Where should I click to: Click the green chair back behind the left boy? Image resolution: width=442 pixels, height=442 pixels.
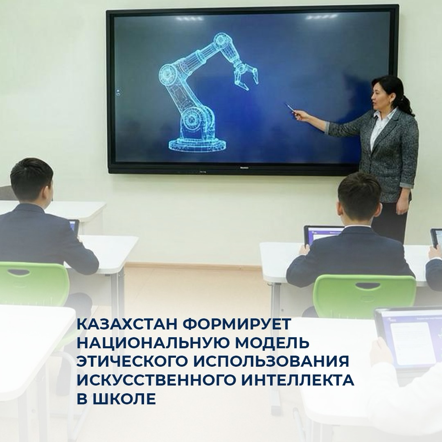coord(33,282)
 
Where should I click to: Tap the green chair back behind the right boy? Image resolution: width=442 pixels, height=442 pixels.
coord(364,291)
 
